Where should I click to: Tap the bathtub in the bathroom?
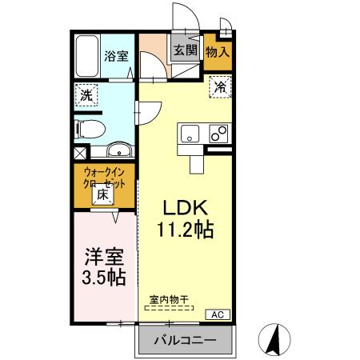coord(87,56)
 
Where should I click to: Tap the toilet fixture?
coord(88,126)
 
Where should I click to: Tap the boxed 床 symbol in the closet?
coord(104,194)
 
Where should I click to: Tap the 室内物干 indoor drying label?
coord(168,301)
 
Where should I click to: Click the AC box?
coord(218,315)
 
